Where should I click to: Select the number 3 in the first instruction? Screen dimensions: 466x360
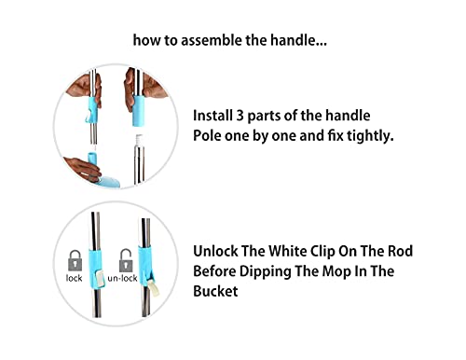(240, 116)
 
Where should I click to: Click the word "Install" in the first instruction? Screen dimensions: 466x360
(212, 116)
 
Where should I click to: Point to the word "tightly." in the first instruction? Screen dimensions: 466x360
(370, 136)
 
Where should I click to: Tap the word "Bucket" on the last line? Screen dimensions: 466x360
(215, 291)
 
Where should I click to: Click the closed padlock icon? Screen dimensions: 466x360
(75, 260)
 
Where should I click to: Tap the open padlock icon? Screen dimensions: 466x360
(126, 260)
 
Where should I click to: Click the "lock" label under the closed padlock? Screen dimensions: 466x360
(74, 278)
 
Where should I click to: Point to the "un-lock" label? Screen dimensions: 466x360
(122, 278)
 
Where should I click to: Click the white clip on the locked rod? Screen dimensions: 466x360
(100, 278)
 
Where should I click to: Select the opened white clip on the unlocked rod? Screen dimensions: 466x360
(154, 288)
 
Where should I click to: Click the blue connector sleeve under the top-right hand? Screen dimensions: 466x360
(139, 111)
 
